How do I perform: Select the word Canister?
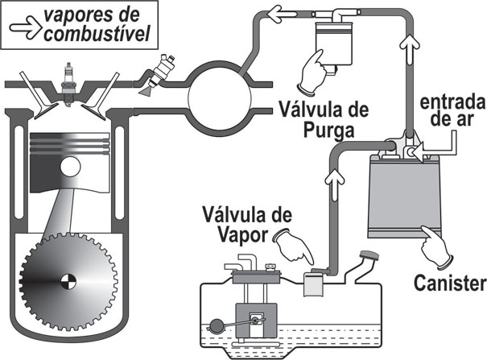click(x=448, y=283)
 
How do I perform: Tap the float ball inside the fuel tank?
click(x=217, y=328)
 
